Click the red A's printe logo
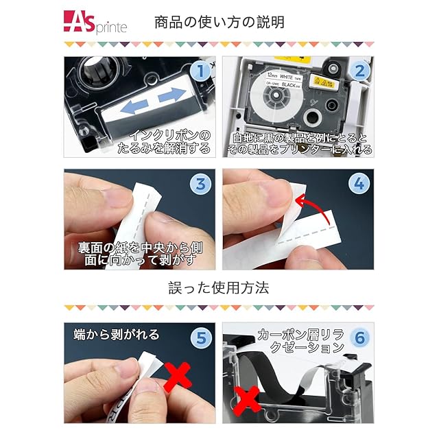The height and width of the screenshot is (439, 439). point(95,23)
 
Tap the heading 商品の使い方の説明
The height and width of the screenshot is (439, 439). point(219,23)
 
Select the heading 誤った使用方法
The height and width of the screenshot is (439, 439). point(219,288)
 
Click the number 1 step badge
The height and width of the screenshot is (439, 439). point(200,71)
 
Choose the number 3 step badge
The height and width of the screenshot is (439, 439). point(200,185)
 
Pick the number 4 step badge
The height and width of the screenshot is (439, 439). point(359,184)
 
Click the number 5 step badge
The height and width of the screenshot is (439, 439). point(201,338)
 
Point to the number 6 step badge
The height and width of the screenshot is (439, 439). point(359,337)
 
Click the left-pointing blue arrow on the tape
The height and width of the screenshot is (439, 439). point(134,107)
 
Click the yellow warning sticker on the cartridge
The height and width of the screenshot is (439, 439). point(324,82)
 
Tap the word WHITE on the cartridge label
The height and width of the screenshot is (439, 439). point(286,76)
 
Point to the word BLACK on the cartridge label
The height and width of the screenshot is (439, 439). point(289,84)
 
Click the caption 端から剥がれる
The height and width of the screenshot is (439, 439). point(117,334)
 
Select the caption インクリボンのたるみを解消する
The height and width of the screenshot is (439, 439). point(164,142)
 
